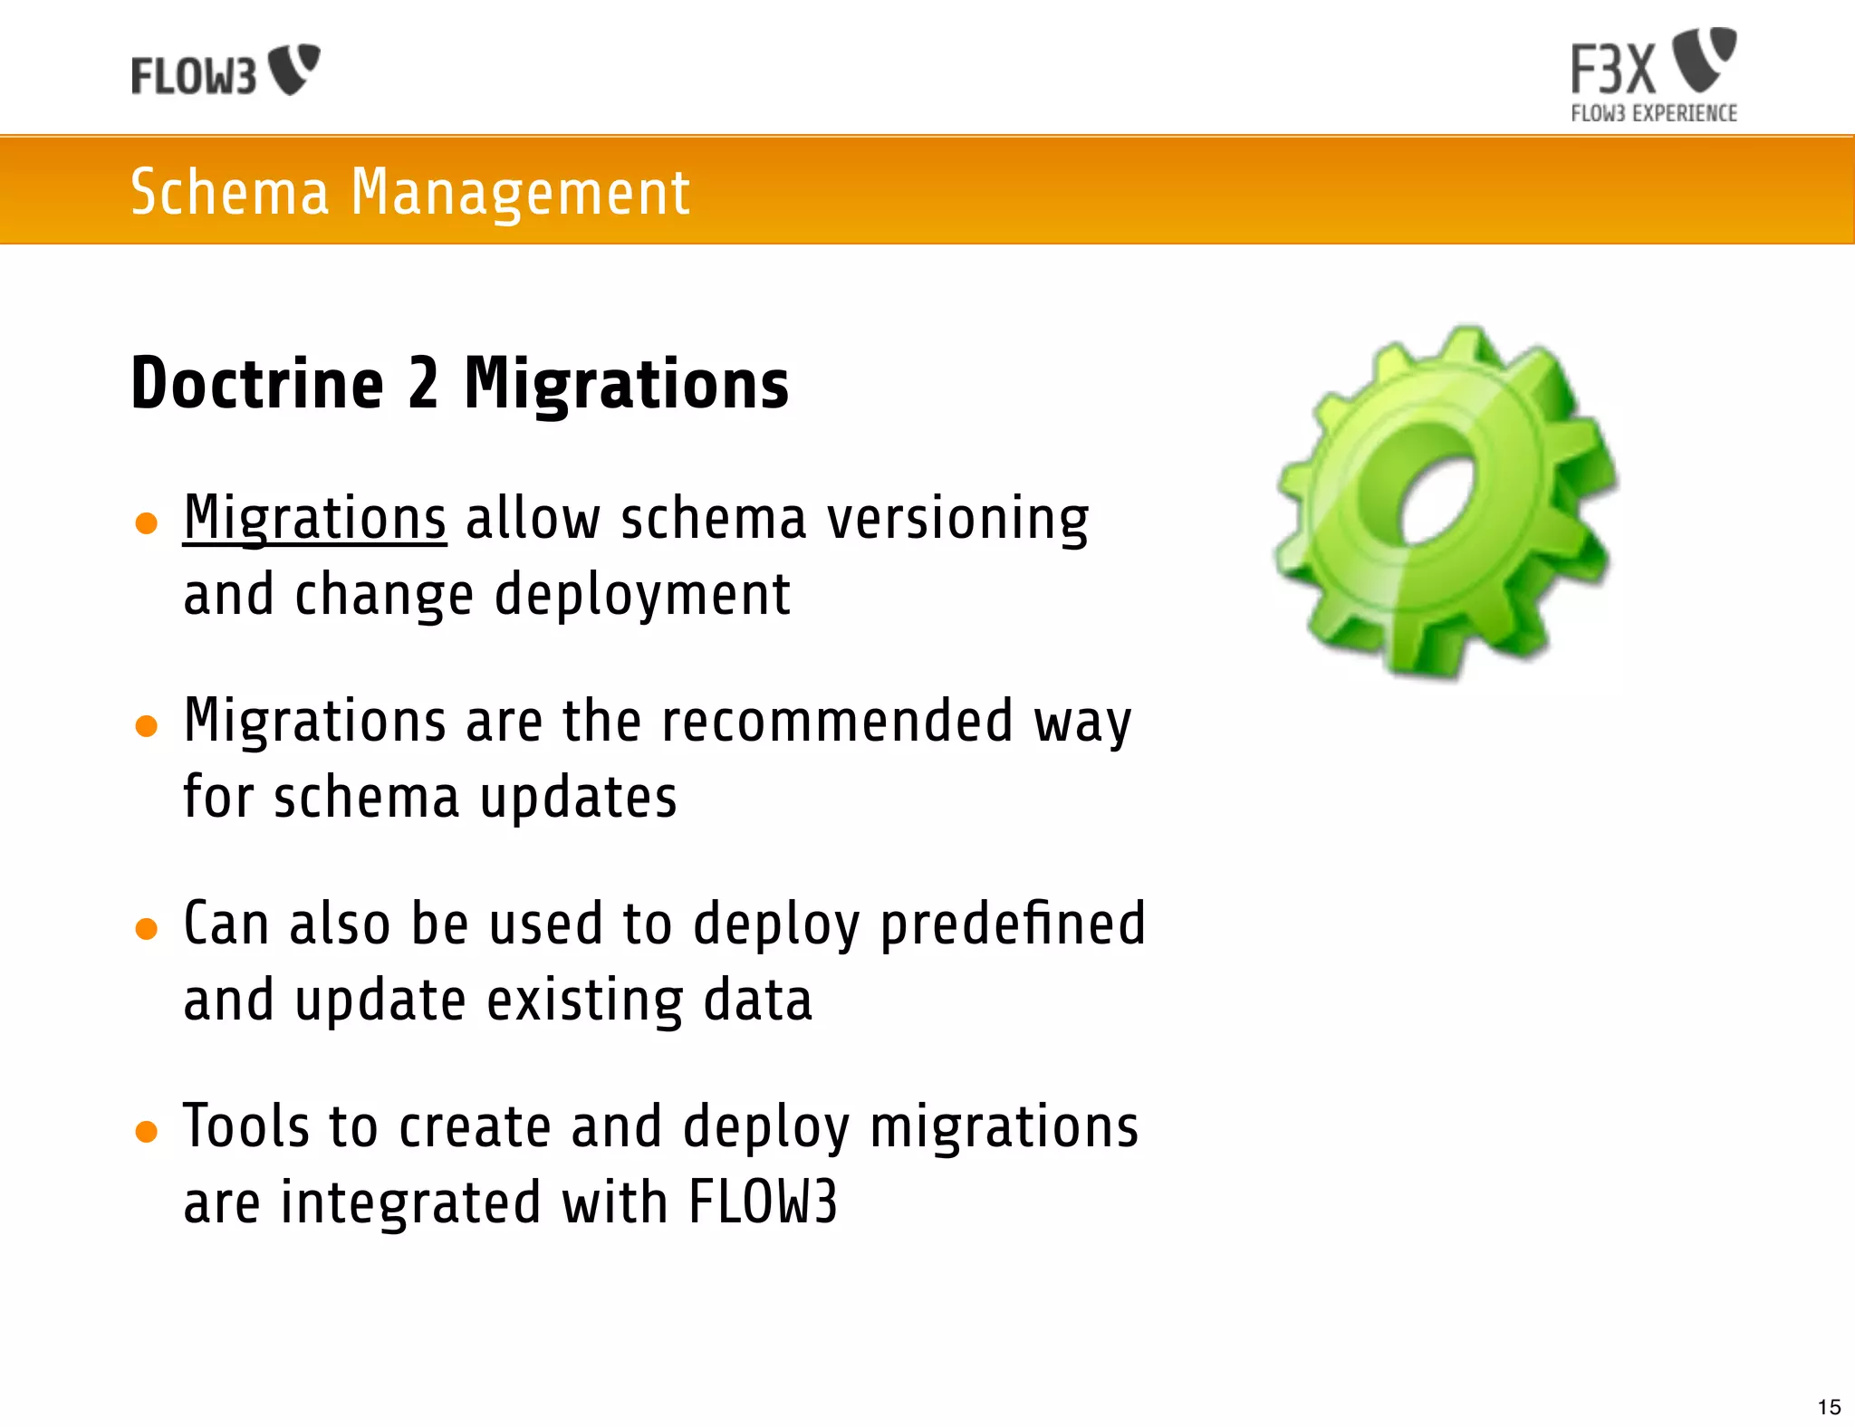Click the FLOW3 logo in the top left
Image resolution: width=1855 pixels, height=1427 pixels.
click(225, 71)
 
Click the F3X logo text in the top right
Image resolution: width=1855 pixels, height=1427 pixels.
click(1613, 69)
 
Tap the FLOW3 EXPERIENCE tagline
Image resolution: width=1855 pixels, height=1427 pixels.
click(1653, 114)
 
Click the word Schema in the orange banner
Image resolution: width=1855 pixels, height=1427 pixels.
click(230, 192)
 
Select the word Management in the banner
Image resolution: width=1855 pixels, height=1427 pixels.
click(520, 194)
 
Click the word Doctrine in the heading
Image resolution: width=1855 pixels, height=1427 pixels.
click(257, 384)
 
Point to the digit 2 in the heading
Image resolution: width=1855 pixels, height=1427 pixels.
click(423, 384)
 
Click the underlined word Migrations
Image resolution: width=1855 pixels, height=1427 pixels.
click(314, 519)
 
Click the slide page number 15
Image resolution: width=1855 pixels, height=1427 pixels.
click(1829, 1407)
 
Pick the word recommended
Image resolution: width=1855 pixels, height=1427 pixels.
click(837, 722)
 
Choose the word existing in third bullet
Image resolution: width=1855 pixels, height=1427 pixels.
click(585, 1001)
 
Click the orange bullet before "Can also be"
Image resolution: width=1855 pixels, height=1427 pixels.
click(146, 929)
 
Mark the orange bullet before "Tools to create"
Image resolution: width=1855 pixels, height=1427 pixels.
click(146, 1132)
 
